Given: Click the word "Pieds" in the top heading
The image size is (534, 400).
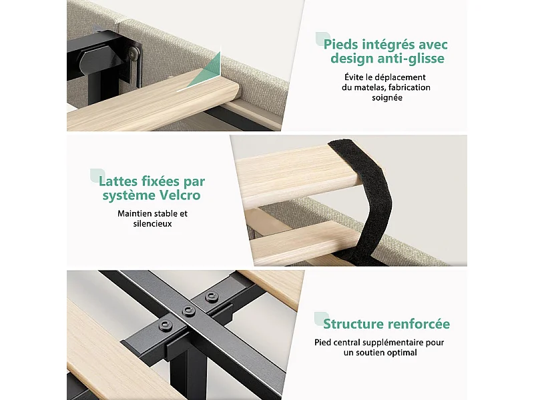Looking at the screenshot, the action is (340, 45).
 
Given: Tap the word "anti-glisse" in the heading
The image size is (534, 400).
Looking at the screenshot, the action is (415, 59).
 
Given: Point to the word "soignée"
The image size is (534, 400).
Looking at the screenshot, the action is (387, 98).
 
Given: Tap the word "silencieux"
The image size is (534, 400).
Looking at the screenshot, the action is (152, 224).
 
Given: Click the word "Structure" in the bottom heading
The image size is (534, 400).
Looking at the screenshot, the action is (353, 324).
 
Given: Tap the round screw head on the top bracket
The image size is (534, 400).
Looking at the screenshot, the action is (134, 52).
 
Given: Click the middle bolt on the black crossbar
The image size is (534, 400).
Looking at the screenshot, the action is (188, 311).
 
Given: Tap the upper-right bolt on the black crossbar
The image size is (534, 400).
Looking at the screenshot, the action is (211, 297).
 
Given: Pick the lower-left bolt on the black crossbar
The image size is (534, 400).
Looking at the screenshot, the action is (165, 325).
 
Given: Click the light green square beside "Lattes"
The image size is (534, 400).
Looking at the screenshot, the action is (97, 175).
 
